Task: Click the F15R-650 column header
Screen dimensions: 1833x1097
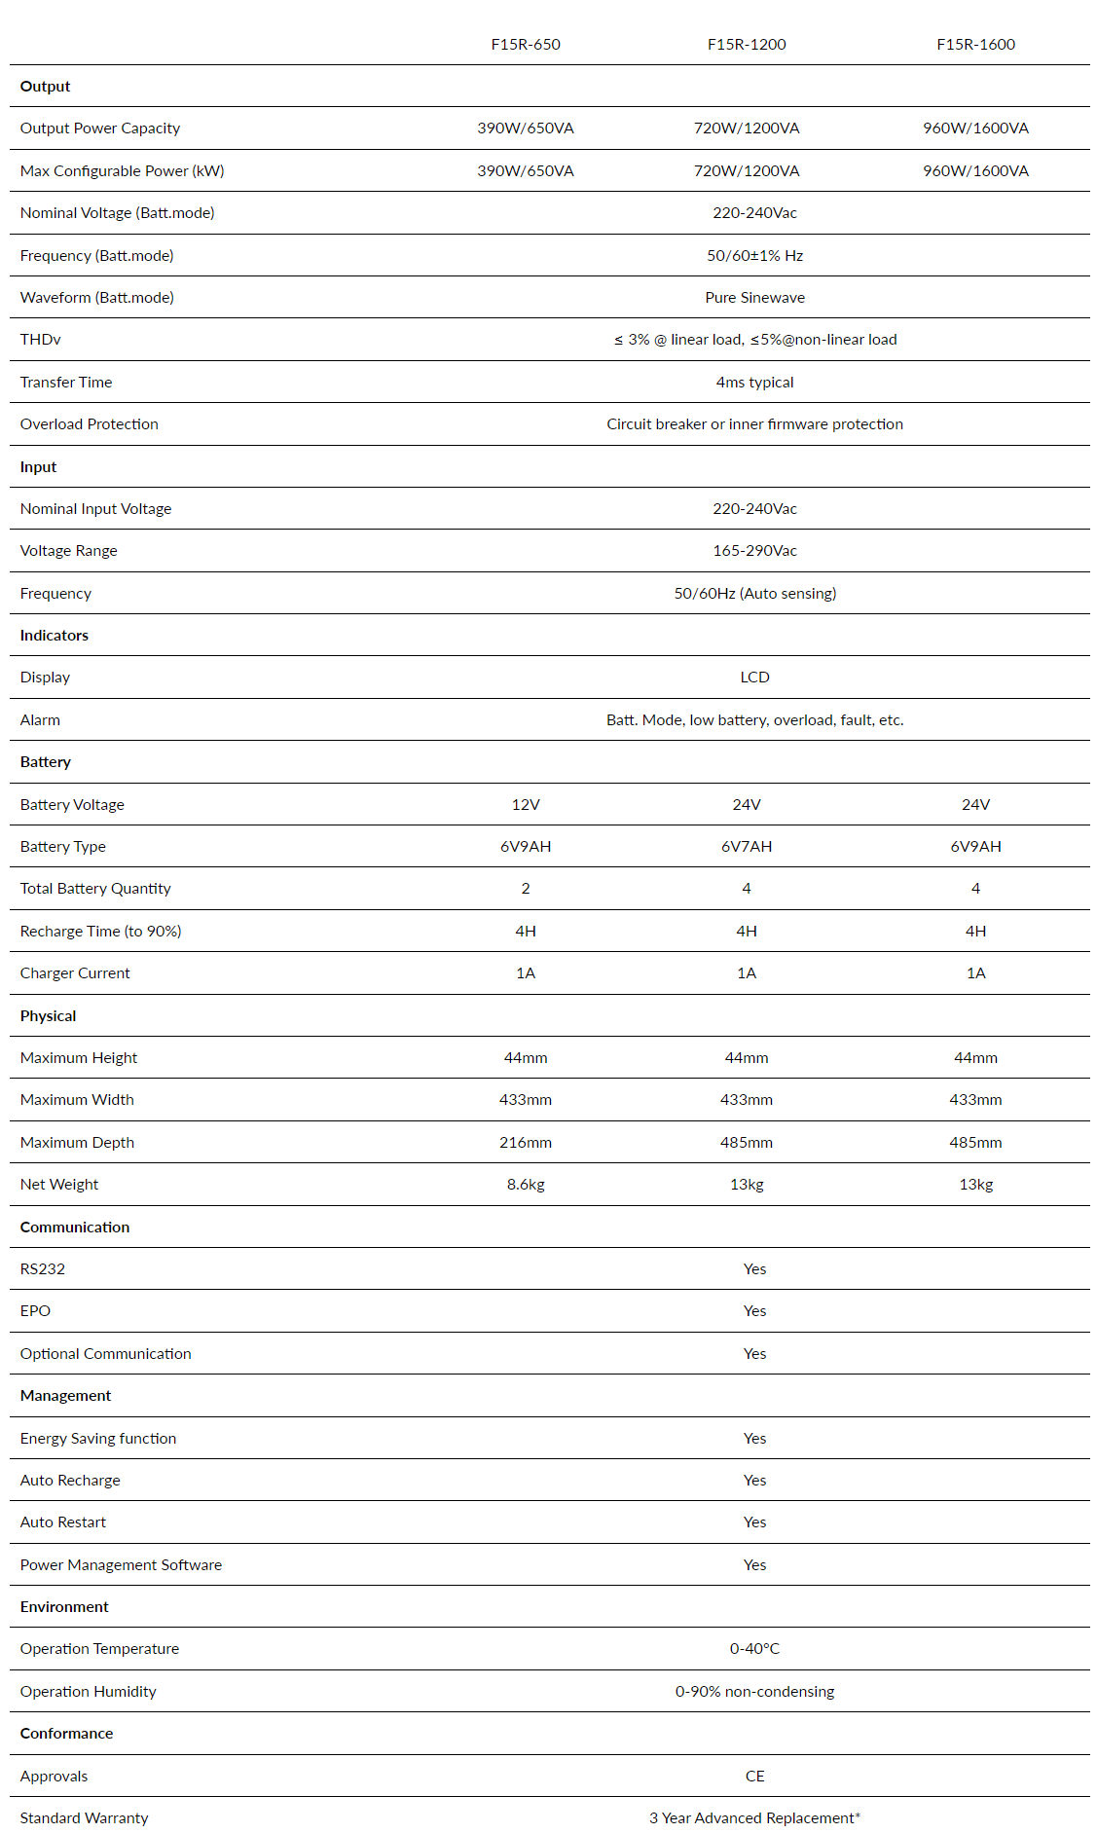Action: [526, 45]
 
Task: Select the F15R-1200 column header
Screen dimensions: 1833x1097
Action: [747, 45]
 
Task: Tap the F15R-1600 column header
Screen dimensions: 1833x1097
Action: [975, 45]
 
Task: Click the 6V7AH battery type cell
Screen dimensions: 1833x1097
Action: [747, 847]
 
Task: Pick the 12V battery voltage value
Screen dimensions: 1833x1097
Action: [526, 805]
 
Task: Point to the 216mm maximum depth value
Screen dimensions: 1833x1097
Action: [526, 1143]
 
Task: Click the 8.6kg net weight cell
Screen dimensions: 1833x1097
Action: [526, 1185]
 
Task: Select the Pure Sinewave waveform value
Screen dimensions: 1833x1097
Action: [754, 298]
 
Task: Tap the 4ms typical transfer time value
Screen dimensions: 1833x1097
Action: [754, 383]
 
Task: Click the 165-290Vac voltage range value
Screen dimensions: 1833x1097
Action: [754, 551]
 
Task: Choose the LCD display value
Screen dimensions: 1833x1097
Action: [754, 678]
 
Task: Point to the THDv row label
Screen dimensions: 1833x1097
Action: [41, 340]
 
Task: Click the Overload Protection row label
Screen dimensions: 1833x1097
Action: [90, 424]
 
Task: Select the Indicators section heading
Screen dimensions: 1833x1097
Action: [55, 636]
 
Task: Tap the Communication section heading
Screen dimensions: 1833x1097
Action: [75, 1228]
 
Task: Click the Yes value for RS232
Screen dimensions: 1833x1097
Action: [754, 1269]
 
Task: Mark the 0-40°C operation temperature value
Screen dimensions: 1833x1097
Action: [754, 1649]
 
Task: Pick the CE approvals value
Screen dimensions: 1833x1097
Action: [754, 1777]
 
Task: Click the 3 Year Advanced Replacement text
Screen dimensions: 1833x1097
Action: [754, 1818]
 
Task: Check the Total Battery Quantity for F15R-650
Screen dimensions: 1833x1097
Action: [526, 889]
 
